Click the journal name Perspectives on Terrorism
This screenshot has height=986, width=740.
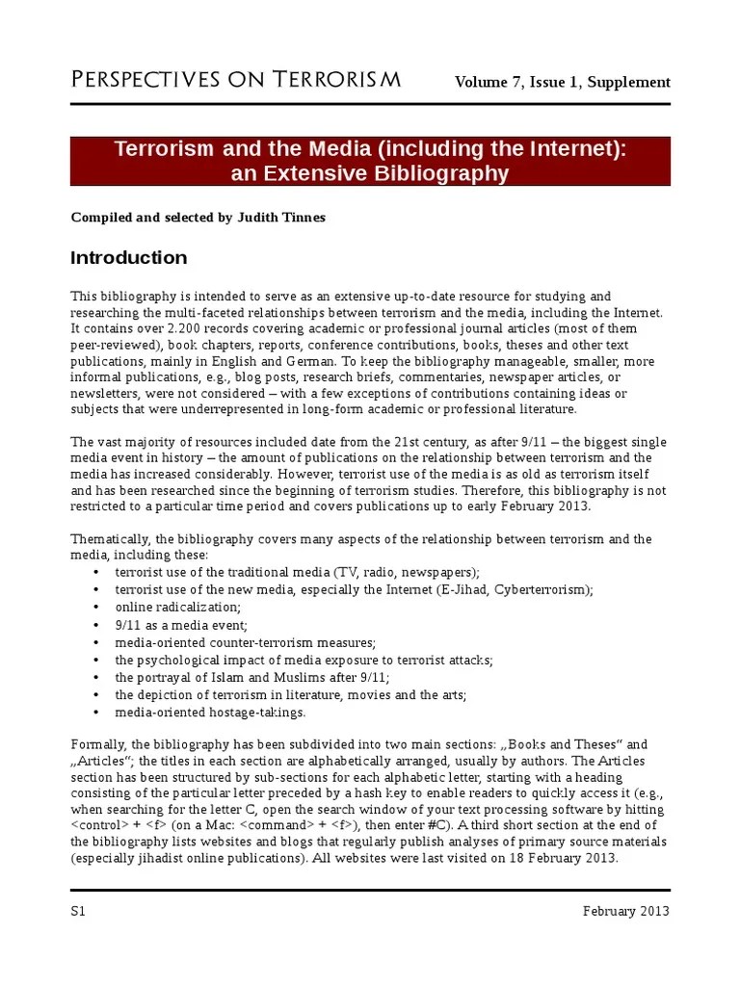(236, 80)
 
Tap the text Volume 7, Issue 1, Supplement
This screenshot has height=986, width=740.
(563, 82)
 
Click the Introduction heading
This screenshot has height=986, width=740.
(129, 258)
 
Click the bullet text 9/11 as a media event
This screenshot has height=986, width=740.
(181, 624)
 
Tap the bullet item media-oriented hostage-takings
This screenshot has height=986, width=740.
(210, 712)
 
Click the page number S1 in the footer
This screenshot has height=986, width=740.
(79, 912)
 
